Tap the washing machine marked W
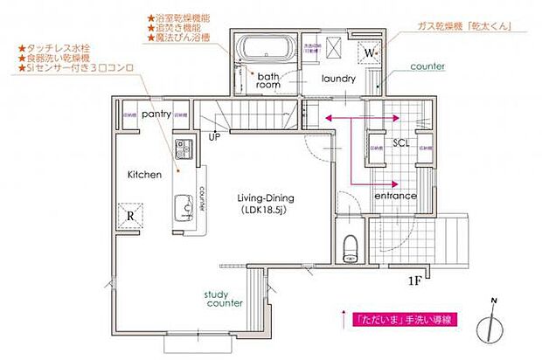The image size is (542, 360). [x=370, y=52]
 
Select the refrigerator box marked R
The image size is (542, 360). [x=129, y=215]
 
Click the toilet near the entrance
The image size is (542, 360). [x=351, y=247]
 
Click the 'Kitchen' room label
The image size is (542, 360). [x=144, y=175]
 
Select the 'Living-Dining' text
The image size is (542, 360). [x=265, y=197]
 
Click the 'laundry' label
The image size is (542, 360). [x=337, y=79]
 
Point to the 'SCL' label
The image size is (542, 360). [x=401, y=142]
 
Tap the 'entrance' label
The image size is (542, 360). [x=395, y=197]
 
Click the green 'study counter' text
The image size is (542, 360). [x=223, y=300]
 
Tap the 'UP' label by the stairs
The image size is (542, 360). [x=214, y=136]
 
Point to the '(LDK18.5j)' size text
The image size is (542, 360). [x=265, y=211]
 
